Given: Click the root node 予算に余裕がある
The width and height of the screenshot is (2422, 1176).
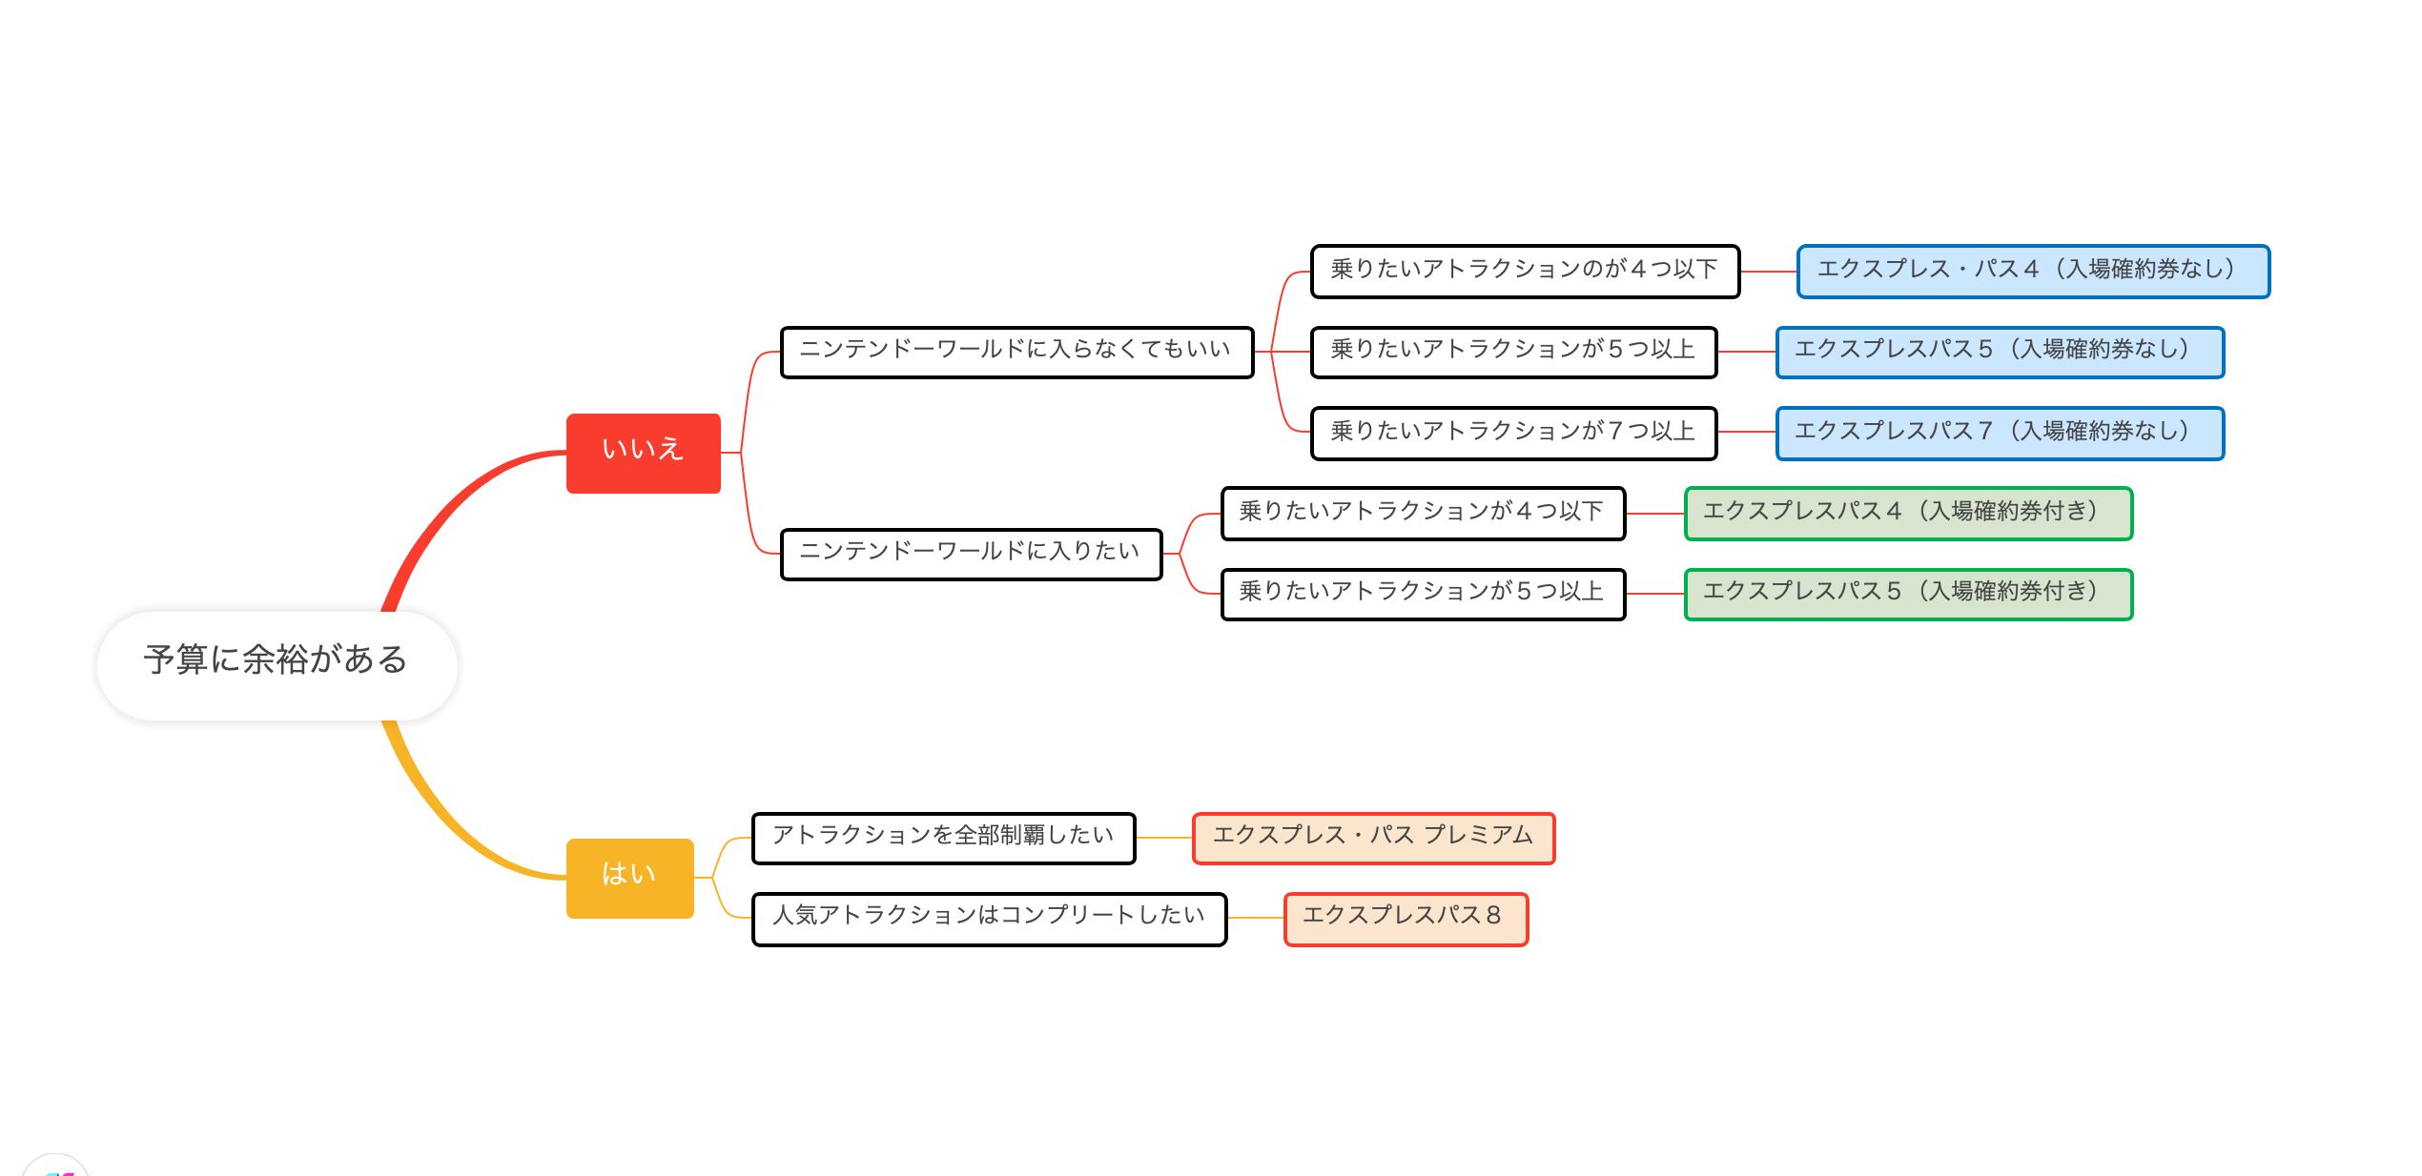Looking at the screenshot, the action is (x=277, y=665).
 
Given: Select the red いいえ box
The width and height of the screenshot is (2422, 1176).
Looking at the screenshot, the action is (x=644, y=453).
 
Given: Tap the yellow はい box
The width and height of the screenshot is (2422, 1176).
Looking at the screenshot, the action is (x=630, y=878).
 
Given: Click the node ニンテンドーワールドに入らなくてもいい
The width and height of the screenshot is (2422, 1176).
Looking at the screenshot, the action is (x=1016, y=352).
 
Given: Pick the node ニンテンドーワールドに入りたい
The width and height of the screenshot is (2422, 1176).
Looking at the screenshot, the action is (x=971, y=554).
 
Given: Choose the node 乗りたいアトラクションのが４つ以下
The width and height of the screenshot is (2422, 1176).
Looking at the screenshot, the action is (x=1525, y=272).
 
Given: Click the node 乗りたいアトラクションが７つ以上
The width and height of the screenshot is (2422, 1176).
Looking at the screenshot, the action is (x=1513, y=433).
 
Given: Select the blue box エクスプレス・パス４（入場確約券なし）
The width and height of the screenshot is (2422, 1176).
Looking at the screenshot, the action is (x=2033, y=272).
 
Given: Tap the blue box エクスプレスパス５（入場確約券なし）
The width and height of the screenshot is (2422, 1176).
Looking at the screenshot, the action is (x=2000, y=352).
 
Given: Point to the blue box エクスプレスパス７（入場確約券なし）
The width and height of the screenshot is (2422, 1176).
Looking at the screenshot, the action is (x=2000, y=433).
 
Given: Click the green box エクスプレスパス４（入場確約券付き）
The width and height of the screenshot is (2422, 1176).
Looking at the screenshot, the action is (x=1908, y=514).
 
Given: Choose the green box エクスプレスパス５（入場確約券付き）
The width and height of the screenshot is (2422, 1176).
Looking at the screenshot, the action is (x=1908, y=594).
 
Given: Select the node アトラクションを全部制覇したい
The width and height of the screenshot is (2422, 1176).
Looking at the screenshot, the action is (x=943, y=838).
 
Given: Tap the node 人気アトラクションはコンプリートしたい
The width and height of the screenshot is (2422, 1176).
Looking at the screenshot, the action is (x=989, y=919).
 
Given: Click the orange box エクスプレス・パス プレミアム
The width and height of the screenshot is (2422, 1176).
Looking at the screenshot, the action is (x=1373, y=838).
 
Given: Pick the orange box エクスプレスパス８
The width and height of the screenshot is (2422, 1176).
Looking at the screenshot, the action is (x=1406, y=919).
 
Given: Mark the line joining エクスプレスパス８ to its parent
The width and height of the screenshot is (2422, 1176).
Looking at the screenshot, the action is (x=1256, y=919).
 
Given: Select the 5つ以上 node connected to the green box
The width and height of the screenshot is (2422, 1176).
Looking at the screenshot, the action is (x=1423, y=594).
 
